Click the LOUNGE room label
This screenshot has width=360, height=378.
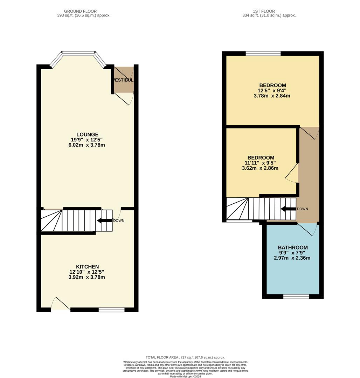tap(87, 134)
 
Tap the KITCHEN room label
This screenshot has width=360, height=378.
tap(87, 267)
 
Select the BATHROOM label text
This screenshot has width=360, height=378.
tap(293, 247)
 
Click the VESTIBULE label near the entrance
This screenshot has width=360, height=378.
tap(123, 80)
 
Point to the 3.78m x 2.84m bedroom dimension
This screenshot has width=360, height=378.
tap(272, 96)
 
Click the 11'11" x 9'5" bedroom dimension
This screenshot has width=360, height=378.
tap(260, 163)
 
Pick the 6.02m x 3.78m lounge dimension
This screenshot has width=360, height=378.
tap(87, 145)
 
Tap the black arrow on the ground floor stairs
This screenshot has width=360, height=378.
tap(104, 220)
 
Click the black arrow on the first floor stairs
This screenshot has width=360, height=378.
tap(288, 209)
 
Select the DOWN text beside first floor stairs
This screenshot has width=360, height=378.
tap(302, 209)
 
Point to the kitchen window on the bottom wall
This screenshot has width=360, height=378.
tap(111, 309)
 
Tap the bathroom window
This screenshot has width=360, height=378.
tap(296, 296)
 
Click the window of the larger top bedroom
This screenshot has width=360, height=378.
tap(263, 54)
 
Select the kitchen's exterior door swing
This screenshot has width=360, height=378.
tap(60, 304)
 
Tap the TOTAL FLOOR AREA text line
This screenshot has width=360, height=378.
tap(185, 357)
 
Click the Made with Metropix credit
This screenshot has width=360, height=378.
tap(185, 376)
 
